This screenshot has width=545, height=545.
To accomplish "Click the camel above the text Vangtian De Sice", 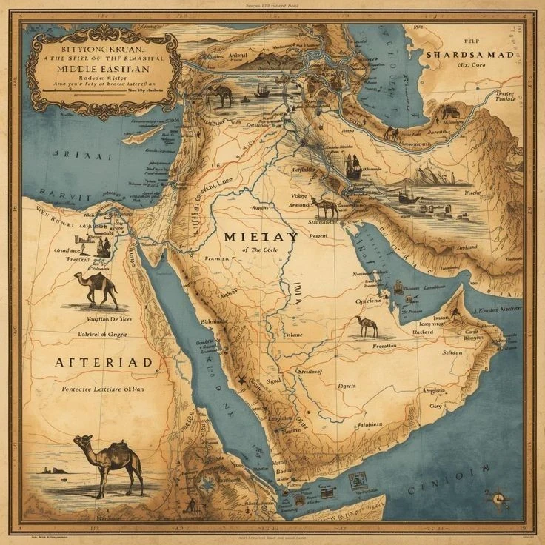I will point(96,289).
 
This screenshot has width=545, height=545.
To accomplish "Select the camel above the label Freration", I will point(366,325).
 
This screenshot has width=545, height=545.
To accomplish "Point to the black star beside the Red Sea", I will point(241,381).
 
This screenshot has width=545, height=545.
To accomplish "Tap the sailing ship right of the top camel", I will point(262,91).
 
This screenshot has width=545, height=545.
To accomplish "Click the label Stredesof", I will point(310,371).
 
